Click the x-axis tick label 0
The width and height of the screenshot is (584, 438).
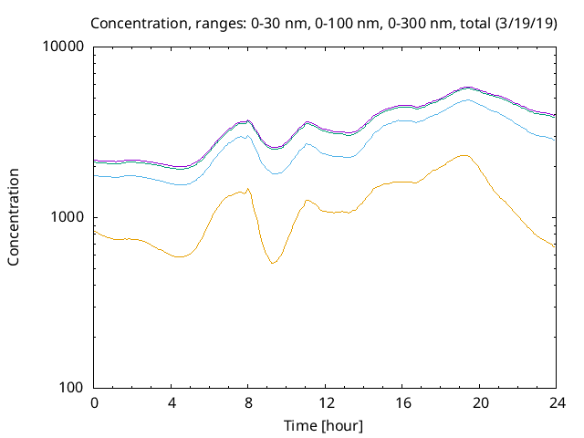coord(94,402)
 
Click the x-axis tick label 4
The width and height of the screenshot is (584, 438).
coord(171,402)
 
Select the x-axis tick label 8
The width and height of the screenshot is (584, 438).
coord(247,402)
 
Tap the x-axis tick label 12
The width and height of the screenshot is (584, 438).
coord(324,402)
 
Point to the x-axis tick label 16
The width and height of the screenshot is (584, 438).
coord(401,402)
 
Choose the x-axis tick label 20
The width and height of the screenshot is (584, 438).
coord(477,402)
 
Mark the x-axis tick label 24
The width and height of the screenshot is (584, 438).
coord(554,402)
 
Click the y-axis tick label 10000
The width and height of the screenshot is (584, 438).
coord(65,47)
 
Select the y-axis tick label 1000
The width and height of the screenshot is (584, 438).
coord(68,217)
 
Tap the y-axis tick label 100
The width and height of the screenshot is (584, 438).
coord(72,388)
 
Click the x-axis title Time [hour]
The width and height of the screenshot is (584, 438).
coord(324,425)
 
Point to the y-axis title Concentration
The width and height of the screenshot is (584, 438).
coord(14,217)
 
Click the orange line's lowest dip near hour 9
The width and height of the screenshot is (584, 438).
coord(272,263)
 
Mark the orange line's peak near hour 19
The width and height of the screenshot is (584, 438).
coord(464,155)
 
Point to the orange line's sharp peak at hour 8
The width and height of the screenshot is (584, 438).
coord(247,189)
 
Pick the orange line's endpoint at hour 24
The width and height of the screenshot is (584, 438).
coord(554,246)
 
